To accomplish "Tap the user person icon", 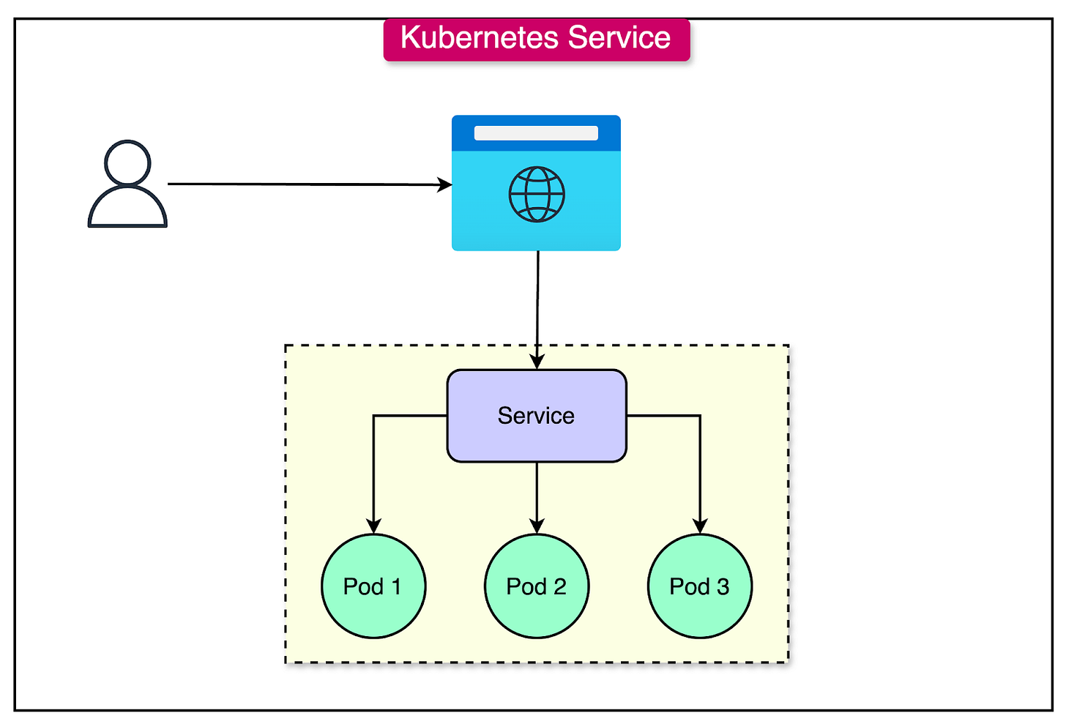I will click(127, 184).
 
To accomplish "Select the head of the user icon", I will click(127, 163).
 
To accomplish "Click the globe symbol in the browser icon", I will click(537, 195).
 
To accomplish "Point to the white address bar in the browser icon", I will click(536, 133).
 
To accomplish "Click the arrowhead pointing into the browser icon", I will click(445, 184).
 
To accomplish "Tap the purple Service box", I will click(537, 416).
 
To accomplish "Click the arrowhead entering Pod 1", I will click(373, 526).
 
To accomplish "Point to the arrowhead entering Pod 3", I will click(700, 526).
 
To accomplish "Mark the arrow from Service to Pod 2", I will click(537, 494).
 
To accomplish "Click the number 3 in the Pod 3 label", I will click(723, 587).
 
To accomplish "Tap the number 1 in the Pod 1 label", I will click(396, 587).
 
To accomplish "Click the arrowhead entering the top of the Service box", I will click(537, 362).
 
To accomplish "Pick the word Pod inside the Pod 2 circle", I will click(526, 587).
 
